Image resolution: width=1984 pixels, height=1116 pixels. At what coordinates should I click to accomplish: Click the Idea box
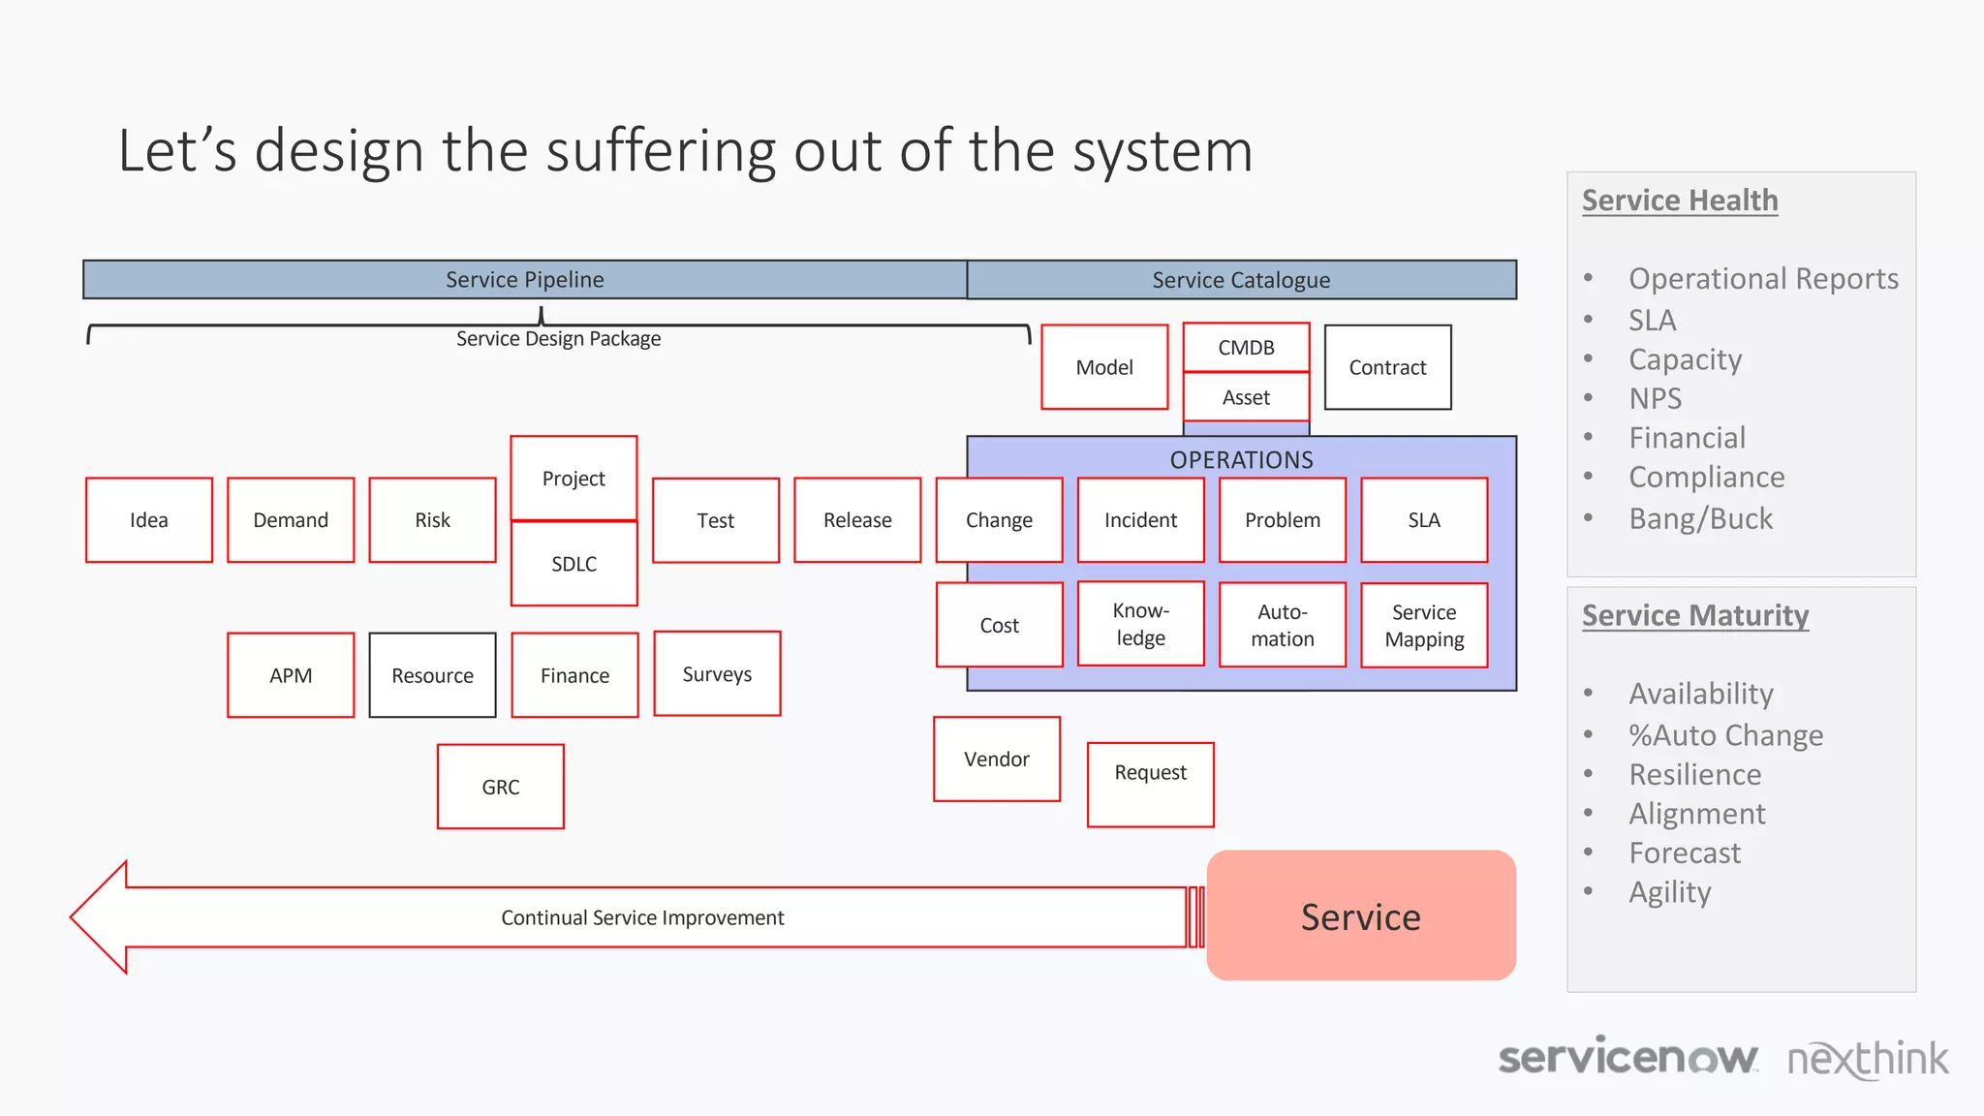(x=148, y=520)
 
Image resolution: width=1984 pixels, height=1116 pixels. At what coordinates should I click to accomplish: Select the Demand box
(x=291, y=520)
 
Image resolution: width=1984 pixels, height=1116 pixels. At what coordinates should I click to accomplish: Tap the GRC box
(x=500, y=787)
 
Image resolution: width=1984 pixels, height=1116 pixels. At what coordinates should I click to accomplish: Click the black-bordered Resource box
(x=432, y=675)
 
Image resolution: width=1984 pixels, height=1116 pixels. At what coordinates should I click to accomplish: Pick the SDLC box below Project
(x=573, y=564)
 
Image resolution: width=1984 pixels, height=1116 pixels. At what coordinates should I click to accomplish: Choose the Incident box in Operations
(x=1140, y=520)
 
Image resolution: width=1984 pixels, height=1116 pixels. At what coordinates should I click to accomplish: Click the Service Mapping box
(x=1424, y=626)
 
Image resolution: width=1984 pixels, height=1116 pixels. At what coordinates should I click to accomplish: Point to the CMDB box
(x=1246, y=348)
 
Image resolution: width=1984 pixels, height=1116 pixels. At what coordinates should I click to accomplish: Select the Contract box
(x=1387, y=367)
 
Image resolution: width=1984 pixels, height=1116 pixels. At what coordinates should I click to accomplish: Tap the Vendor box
(x=997, y=759)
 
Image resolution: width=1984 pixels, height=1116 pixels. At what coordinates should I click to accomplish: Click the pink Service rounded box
(x=1361, y=916)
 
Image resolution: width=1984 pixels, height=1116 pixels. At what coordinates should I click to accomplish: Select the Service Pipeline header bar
(x=524, y=280)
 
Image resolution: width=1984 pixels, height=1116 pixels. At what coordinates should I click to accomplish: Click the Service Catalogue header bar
(x=1241, y=280)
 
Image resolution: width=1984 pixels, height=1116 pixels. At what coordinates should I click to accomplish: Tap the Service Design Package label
(x=558, y=339)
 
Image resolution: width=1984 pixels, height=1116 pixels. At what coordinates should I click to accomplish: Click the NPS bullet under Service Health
(x=1655, y=399)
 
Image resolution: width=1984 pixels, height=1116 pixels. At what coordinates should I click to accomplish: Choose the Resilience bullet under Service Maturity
(x=1694, y=775)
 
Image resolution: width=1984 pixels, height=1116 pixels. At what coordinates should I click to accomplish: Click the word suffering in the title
(x=661, y=151)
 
